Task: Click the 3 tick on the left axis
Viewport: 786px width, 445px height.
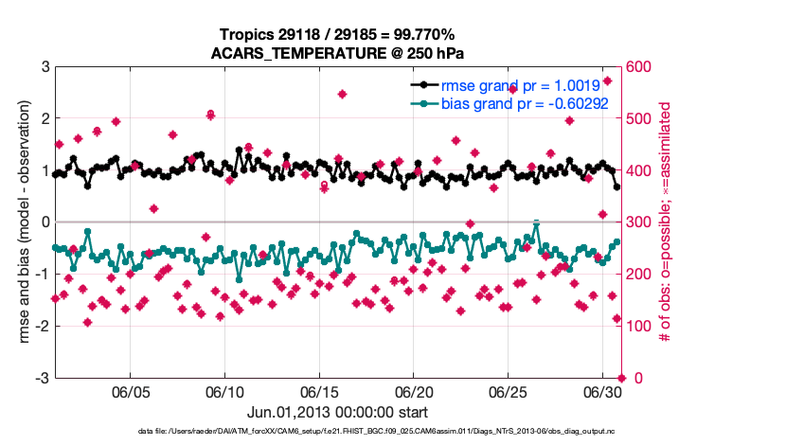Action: coord(45,67)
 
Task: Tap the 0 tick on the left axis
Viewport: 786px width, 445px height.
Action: coord(45,222)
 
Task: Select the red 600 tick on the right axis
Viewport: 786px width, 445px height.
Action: coord(641,67)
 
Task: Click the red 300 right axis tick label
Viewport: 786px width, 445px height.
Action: coord(641,222)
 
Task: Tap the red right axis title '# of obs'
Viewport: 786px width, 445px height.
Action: coord(667,222)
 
